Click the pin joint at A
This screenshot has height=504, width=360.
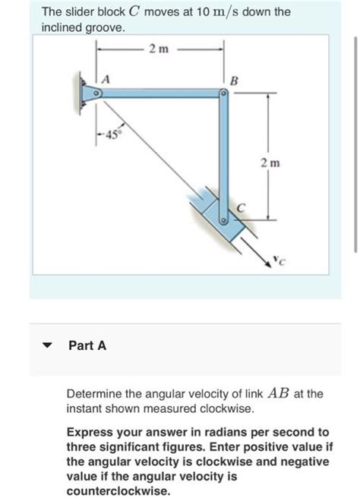[x=96, y=93]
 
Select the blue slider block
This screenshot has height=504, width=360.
[x=216, y=216]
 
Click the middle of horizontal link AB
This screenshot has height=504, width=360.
[x=159, y=93]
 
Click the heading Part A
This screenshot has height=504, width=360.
[x=87, y=345]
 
